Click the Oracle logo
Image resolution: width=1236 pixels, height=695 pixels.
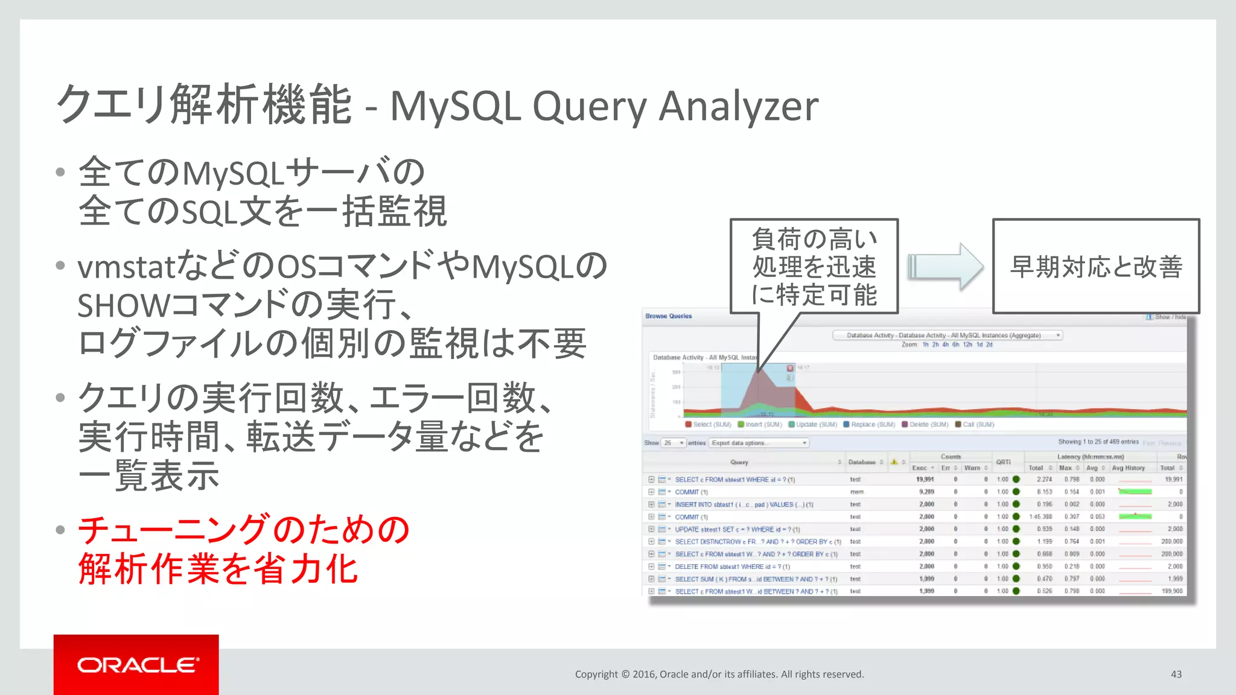(x=136, y=665)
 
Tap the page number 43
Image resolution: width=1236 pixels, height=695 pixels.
(x=1176, y=674)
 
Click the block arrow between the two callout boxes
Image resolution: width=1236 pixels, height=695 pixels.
(x=945, y=267)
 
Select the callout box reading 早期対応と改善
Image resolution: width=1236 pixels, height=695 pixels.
(x=1095, y=266)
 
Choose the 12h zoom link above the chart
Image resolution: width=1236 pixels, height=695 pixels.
(x=967, y=344)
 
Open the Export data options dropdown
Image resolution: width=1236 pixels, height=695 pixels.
(x=759, y=443)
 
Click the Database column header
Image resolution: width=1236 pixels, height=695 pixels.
(x=862, y=462)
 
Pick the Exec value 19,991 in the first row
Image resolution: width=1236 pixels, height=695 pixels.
(x=925, y=480)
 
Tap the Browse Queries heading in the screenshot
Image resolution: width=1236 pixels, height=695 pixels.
(x=668, y=316)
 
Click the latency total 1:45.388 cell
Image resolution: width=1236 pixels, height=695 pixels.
(x=1040, y=516)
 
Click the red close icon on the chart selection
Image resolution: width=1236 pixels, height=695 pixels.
(x=790, y=368)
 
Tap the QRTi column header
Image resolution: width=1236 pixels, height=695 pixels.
(x=1003, y=462)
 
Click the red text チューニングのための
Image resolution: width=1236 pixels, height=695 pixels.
(x=244, y=530)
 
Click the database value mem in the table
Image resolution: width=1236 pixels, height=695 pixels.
(x=856, y=492)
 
